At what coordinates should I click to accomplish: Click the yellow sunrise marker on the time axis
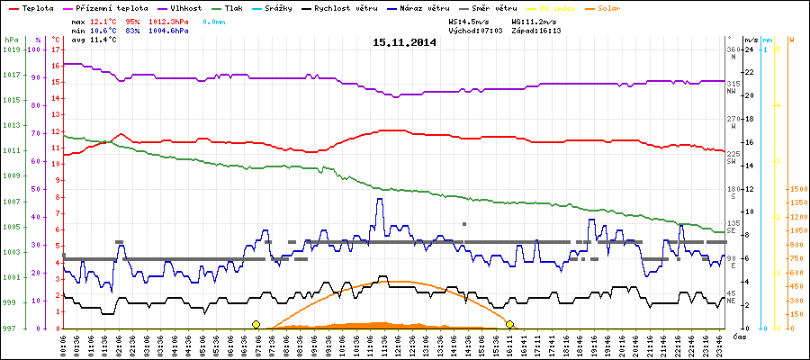coord(256,324)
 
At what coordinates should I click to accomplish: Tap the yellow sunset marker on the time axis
coord(509,324)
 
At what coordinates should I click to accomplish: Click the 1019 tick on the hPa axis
coord(11,49)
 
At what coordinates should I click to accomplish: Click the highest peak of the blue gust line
coord(380,199)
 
